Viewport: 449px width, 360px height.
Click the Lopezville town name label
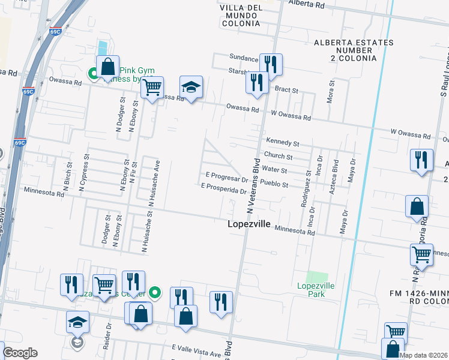tap(249, 224)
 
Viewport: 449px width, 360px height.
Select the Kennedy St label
tap(283, 142)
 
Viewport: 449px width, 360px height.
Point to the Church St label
tap(282, 157)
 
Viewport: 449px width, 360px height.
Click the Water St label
tap(275, 170)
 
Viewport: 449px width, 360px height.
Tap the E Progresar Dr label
tap(226, 178)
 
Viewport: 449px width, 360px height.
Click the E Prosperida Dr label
tap(224, 188)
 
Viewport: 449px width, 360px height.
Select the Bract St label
tap(286, 89)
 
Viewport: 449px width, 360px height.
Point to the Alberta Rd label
tap(306, 4)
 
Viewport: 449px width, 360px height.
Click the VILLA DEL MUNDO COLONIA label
tap(240, 15)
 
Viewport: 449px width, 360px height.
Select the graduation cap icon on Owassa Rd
tap(191, 88)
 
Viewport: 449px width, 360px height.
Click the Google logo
tap(20, 353)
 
